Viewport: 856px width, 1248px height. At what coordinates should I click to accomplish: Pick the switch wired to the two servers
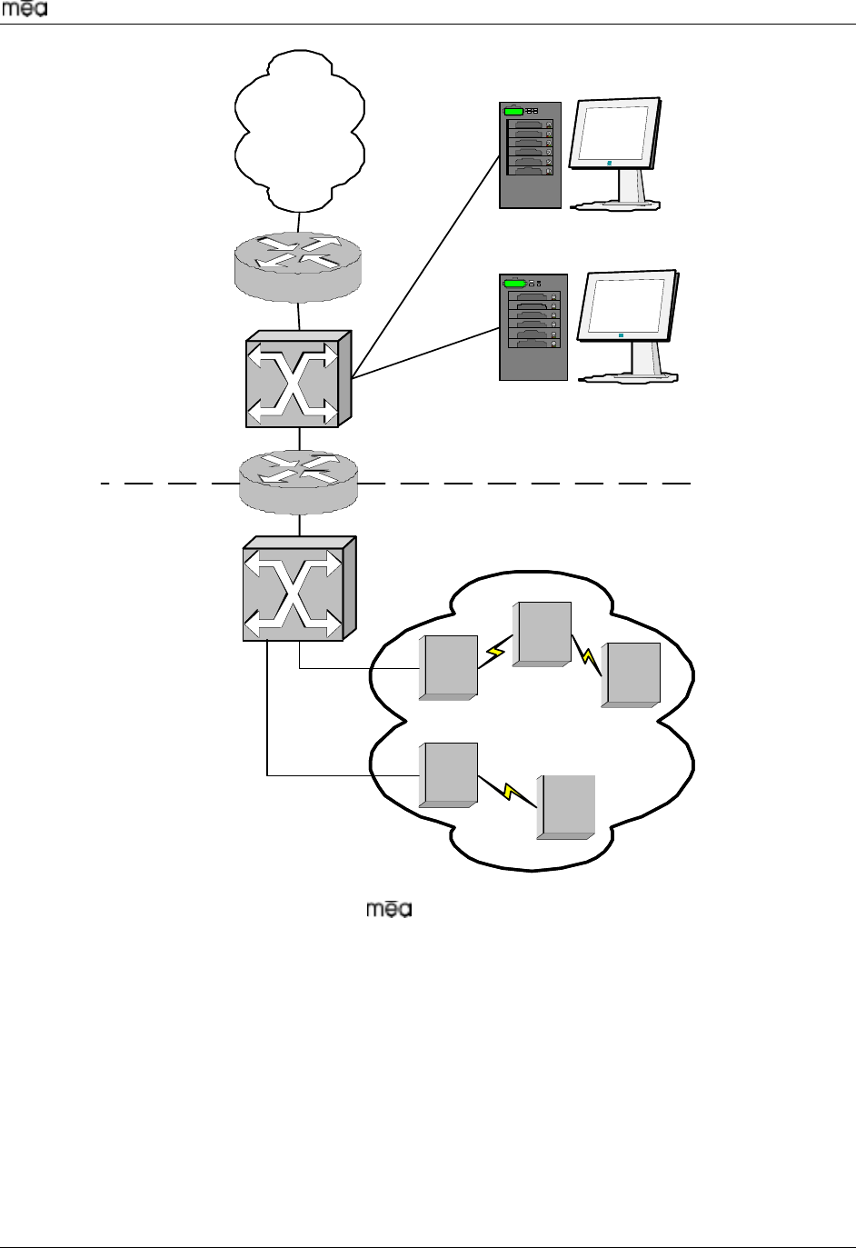[x=298, y=379]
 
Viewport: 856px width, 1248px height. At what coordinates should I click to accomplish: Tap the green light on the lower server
[x=514, y=284]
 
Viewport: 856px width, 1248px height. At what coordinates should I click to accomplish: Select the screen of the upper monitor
[x=618, y=134]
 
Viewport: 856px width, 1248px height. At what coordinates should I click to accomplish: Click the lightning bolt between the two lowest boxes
[x=511, y=792]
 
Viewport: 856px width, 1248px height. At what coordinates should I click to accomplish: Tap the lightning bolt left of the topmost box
[x=495, y=652]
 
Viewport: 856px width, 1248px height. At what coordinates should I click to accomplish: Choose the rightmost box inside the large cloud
[x=631, y=674]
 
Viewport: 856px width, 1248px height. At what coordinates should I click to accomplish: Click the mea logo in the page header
[x=30, y=10]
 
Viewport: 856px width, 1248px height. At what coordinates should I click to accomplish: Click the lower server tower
[x=533, y=326]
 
